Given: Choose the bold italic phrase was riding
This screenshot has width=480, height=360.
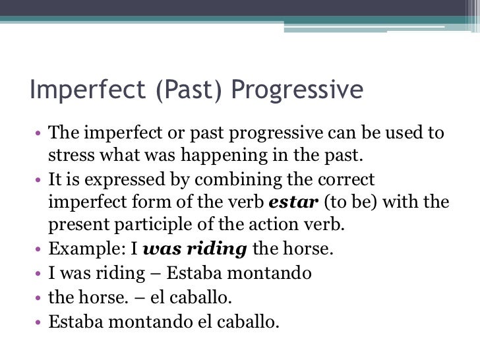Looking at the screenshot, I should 195,250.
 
